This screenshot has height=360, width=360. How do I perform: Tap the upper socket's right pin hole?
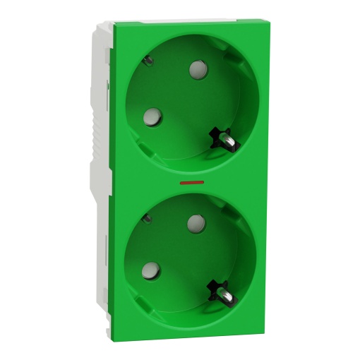(x=197, y=69)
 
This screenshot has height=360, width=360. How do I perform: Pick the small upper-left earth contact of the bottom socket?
(x=146, y=217)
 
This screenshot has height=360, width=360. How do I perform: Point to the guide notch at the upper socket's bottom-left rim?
(x=144, y=150)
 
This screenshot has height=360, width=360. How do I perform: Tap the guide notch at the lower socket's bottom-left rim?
(x=141, y=302)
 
